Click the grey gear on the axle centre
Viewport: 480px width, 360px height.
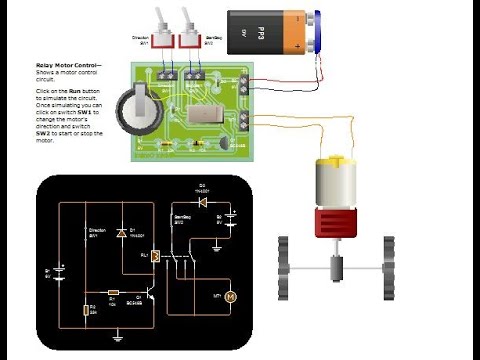coord(334,269)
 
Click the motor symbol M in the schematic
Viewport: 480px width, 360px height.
coord(228,297)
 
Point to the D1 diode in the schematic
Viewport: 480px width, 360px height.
coord(121,233)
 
